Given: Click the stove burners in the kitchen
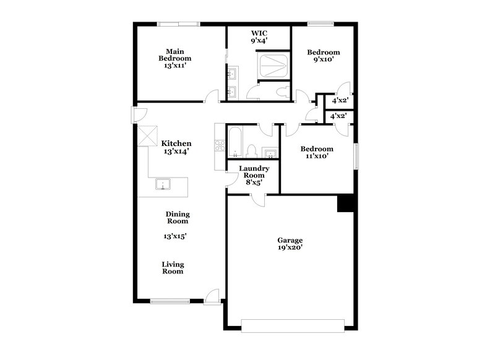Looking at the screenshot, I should pyautogui.click(x=220, y=147).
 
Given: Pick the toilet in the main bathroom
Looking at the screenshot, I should pyautogui.click(x=283, y=92).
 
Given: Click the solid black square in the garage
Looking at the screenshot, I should pyautogui.click(x=345, y=204).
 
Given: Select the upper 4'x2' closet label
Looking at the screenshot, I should pyautogui.click(x=340, y=100).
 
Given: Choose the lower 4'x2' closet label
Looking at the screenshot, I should pyautogui.click(x=337, y=116).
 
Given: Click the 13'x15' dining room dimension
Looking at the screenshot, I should pyautogui.click(x=175, y=236).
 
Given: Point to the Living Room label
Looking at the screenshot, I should pyautogui.click(x=173, y=268).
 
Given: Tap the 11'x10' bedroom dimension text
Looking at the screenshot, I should pyautogui.click(x=317, y=156).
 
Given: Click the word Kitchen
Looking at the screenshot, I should pyautogui.click(x=176, y=143).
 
